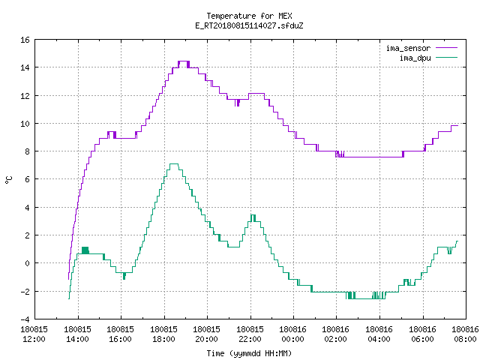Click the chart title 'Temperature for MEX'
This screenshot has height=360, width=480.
249,16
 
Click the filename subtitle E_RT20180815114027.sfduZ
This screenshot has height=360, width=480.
249,25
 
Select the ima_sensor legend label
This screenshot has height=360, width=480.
408,48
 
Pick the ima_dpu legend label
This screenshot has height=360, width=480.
415,58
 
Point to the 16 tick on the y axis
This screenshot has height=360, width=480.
25,40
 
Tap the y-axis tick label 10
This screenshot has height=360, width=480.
25,124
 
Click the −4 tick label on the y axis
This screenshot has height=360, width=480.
25,319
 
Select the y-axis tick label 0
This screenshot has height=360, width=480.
27,263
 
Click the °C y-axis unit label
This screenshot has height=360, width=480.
8,180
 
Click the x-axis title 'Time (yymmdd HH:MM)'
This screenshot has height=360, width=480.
249,353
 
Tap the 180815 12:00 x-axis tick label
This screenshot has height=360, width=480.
34,334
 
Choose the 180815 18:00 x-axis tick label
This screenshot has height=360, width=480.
164,334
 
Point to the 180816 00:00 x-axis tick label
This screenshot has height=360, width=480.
293,334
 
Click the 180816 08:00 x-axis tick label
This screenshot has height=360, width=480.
465,334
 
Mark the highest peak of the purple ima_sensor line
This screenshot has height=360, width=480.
184,61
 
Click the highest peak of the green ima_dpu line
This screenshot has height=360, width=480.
173,164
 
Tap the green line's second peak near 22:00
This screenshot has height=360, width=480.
253,215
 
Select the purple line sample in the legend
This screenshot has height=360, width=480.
447,48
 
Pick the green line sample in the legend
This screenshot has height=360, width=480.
447,57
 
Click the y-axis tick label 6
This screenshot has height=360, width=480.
27,179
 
